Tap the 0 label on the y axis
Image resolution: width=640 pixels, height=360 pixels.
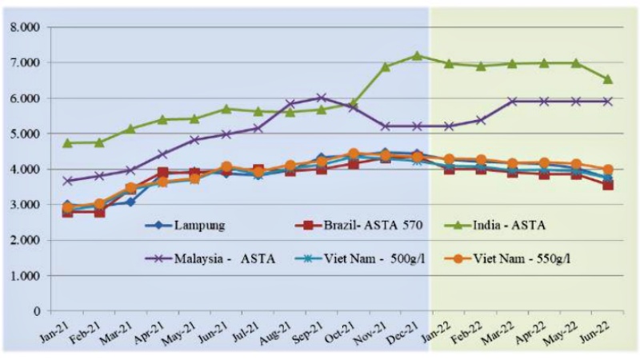tap(36, 311)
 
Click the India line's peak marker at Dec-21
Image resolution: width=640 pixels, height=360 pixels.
tap(417, 55)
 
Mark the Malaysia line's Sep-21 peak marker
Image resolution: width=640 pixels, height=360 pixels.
tap(322, 98)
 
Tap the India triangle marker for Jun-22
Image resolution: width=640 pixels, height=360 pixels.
tap(608, 78)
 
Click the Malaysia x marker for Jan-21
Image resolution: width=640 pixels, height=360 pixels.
tap(68, 181)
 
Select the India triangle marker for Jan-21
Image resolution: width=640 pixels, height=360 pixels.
tap(68, 143)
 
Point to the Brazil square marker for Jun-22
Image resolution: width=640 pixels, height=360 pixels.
tap(608, 185)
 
